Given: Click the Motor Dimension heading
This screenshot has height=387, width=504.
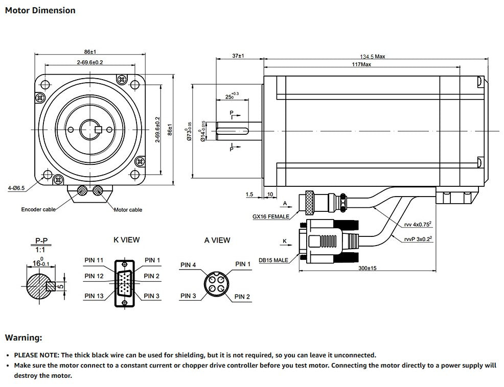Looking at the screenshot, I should click(x=40, y=10).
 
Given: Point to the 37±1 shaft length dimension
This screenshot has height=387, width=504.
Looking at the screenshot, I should click(x=238, y=56).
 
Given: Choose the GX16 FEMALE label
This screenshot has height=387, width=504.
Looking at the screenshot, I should click(x=271, y=216).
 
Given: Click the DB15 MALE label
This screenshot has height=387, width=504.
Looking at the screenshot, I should click(x=273, y=260).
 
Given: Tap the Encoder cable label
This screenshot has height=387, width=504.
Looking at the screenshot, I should click(x=38, y=209).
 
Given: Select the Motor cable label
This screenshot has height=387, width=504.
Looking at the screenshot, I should click(x=128, y=210).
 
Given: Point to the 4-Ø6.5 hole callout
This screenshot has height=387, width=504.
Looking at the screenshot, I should click(x=16, y=188).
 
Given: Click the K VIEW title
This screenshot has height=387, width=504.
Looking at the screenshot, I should click(x=126, y=239).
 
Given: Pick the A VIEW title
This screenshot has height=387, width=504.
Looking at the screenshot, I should click(x=217, y=240).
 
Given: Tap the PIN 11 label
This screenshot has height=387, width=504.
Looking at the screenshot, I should click(x=94, y=260).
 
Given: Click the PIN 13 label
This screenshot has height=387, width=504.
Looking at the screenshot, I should click(x=94, y=296).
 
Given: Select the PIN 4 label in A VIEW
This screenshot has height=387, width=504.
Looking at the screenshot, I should click(x=188, y=265).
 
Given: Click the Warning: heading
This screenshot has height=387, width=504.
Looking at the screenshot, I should click(x=24, y=337).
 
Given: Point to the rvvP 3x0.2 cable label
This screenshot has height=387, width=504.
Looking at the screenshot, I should click(x=417, y=239).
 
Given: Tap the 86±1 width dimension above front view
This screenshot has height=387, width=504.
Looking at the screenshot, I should click(x=90, y=52).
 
